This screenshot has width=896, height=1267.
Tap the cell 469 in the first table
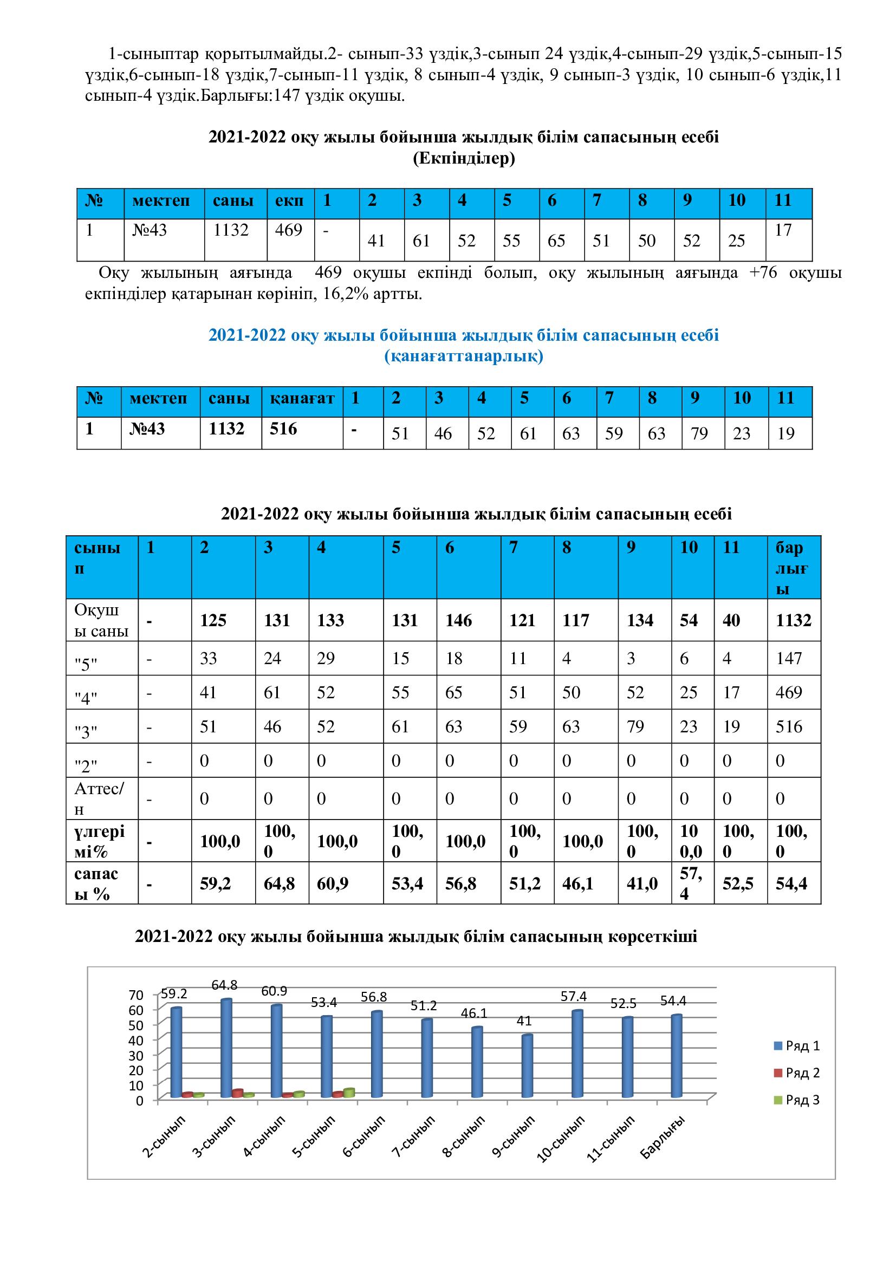289,230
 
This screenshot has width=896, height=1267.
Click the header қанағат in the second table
302,399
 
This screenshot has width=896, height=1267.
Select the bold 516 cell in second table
283,429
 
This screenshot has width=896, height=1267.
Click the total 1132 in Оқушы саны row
794,620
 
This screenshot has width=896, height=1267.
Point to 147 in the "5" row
788,658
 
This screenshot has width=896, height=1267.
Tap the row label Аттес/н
99,798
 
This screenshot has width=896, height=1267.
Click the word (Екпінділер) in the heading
464,159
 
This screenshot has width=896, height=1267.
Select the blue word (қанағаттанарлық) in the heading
464,356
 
